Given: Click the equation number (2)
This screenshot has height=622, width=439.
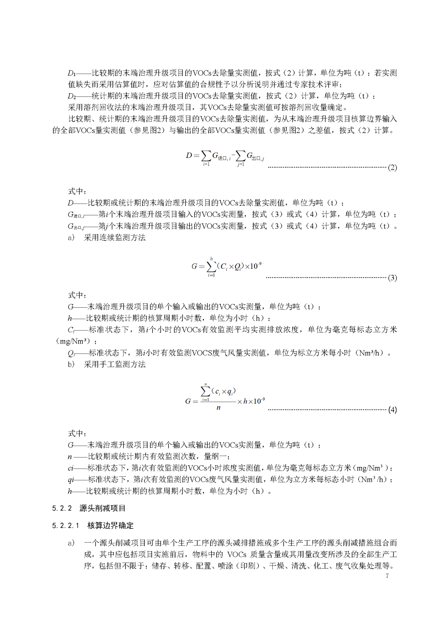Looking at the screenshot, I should coord(392,167).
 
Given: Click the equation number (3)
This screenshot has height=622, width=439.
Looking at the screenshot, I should coord(392,278).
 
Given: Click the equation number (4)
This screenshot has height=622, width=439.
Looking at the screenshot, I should coord(392,410).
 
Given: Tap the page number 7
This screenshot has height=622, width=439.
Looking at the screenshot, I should coord(387,576).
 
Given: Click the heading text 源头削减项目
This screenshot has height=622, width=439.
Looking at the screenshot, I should coord(103,508).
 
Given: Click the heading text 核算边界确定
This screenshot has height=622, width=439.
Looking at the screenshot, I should coord(110,526).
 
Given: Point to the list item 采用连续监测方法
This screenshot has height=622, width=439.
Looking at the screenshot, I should coord(115,237).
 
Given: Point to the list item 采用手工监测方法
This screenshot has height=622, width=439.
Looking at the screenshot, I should coord(115,364).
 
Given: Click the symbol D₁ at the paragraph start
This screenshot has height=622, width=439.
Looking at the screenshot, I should coord(72,73).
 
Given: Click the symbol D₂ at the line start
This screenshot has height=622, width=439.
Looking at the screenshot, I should coord(72,96).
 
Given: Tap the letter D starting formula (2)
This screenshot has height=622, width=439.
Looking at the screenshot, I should coord(189,155).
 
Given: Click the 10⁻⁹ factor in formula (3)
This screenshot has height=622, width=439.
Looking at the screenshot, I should coord(256,266).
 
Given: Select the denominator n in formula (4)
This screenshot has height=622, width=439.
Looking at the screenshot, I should coord(219,407).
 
